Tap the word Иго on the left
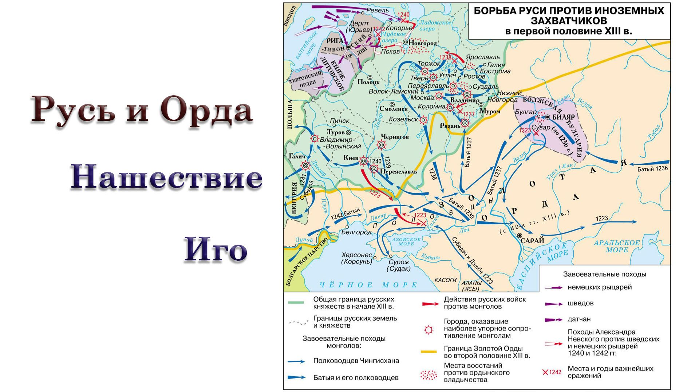pos(216,249)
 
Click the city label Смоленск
pos(394,109)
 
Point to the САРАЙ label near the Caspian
pos(532,240)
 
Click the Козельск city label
pos(403,119)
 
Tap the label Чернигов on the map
pos(395,137)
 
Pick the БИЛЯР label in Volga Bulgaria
pos(563,117)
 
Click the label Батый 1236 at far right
pos(653,169)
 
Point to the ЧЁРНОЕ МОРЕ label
pos(368,285)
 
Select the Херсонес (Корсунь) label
pos(357,258)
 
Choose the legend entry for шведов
pos(580,303)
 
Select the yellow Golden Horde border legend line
pos(429,352)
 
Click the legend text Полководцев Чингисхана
pos(356,361)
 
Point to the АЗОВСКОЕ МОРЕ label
pos(406,241)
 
